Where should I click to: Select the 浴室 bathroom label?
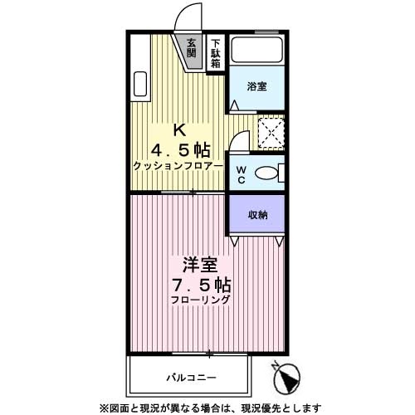coord(256,85)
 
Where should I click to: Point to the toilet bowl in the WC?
coord(267,173)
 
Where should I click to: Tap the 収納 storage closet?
coord(256,213)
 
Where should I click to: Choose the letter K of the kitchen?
coord(178,130)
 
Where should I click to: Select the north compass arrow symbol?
coord(287,379)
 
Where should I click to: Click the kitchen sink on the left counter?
coord(139,86)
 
